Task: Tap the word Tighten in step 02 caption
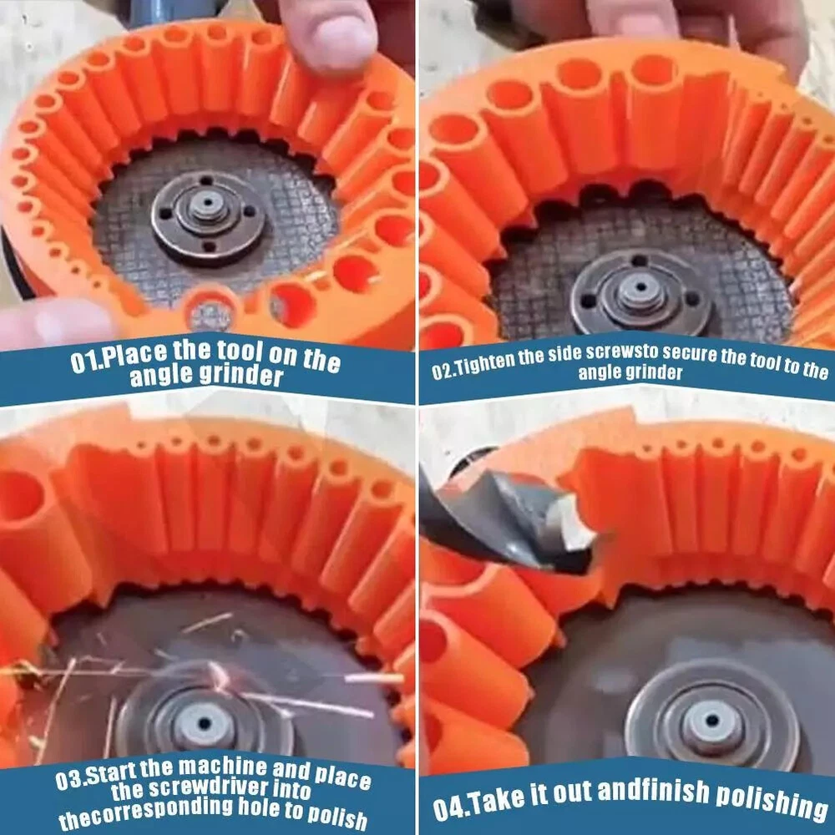click(486, 363)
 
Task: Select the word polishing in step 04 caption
click(772, 799)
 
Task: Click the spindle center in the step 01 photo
click(207, 205)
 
